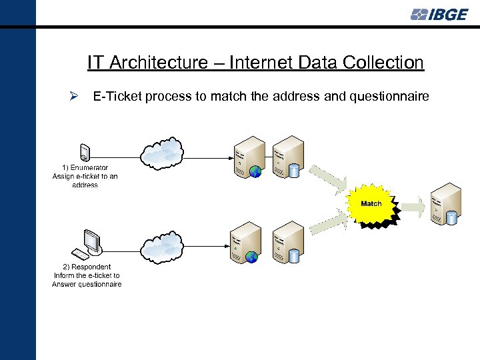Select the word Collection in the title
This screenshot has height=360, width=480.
(383, 63)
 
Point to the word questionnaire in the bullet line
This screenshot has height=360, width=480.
(390, 97)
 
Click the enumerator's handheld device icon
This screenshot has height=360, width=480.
(84, 152)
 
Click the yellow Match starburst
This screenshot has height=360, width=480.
(371, 203)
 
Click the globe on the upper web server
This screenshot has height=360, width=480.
(255, 172)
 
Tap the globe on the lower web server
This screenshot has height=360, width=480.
(252, 257)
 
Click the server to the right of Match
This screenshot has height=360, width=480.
(446, 203)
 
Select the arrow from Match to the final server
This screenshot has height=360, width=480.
(411, 204)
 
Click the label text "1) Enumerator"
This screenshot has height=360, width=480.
(85, 167)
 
